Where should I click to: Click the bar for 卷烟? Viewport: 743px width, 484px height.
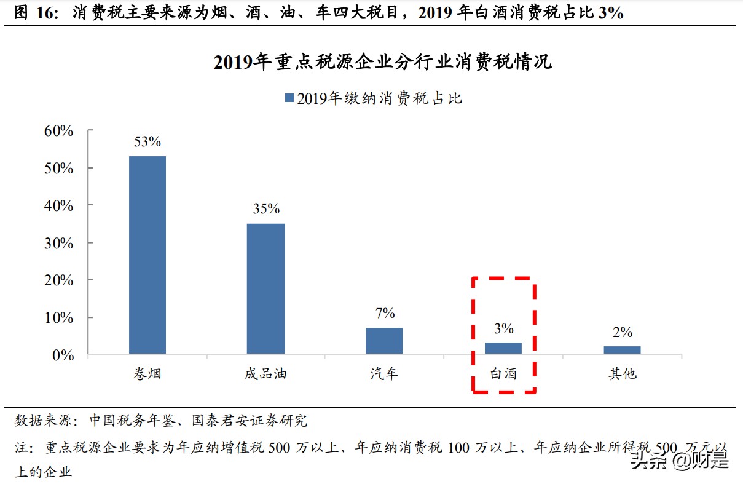(147, 255)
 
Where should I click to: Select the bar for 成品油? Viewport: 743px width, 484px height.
(266, 288)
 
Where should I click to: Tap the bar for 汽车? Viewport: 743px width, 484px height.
(384, 341)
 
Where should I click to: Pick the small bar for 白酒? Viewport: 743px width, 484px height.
(503, 348)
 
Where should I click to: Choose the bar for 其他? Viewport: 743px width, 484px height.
(622, 350)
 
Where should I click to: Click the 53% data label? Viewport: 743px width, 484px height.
(147, 142)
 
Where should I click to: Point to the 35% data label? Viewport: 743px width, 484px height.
(266, 209)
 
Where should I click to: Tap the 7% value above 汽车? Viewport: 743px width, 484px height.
(385, 314)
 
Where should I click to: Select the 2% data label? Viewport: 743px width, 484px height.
(622, 333)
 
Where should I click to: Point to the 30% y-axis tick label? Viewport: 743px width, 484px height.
(59, 243)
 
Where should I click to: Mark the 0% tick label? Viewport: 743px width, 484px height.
(63, 355)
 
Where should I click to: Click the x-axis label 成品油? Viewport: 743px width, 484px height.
(266, 373)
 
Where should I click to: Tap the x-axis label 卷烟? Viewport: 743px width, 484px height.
(147, 373)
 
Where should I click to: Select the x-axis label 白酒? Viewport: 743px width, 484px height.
(503, 373)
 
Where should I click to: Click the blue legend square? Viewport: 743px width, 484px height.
(288, 98)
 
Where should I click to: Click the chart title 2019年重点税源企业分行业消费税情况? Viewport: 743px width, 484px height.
(383, 62)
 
